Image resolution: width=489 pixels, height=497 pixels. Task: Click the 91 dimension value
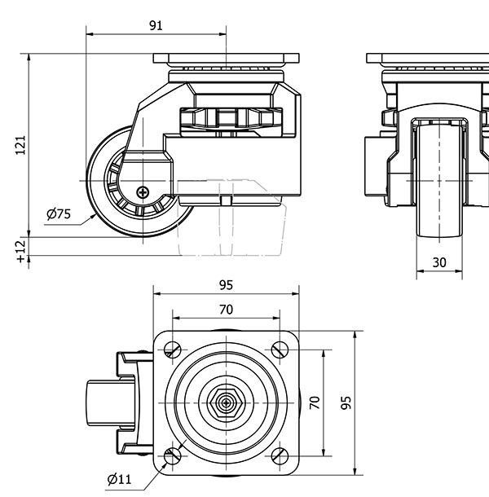tap(156, 25)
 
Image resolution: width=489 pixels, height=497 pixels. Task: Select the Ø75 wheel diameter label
tap(59, 214)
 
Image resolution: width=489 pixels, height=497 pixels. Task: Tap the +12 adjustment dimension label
tap(21, 249)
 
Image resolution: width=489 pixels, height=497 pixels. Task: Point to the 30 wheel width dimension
tap(439, 262)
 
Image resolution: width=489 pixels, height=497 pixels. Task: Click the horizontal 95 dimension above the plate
tap(227, 285)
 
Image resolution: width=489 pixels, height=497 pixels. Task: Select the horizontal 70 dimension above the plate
tap(227, 310)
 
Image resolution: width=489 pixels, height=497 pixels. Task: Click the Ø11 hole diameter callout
tap(119, 479)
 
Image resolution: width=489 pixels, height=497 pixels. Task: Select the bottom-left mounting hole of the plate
tap(173, 455)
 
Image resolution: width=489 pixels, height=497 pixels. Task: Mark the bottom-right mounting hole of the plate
tap(280, 455)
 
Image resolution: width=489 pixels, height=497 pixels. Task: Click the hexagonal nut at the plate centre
tap(227, 402)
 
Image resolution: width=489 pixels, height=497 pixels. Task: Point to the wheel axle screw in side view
tap(143, 192)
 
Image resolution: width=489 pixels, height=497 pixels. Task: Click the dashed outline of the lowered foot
tap(232, 232)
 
